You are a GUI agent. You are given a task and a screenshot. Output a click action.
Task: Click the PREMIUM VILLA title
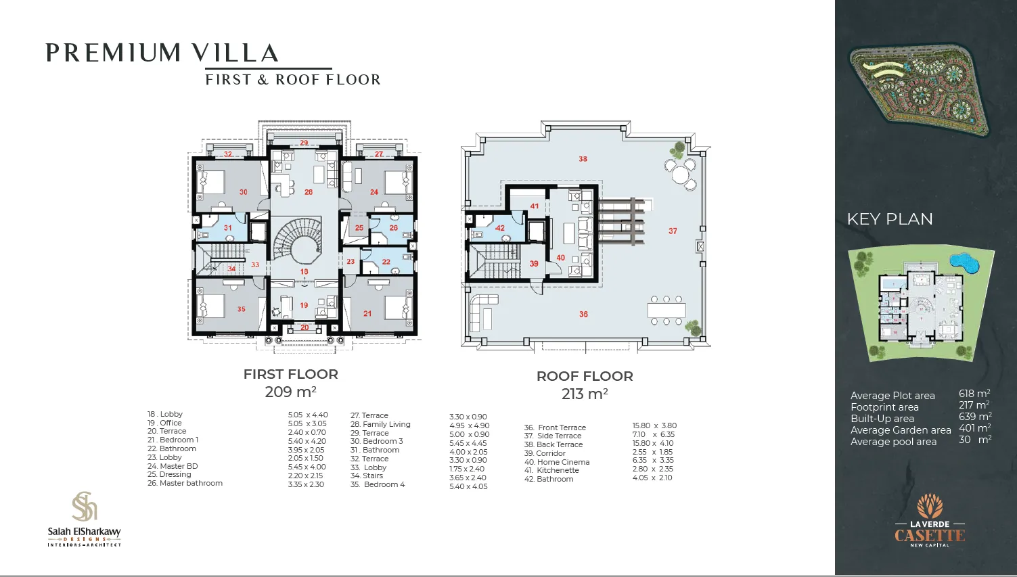point(162,53)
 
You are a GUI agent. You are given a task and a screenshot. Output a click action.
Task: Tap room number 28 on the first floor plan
point(309,192)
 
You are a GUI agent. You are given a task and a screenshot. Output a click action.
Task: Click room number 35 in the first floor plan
point(242,309)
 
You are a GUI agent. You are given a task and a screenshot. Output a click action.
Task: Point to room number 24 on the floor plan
point(374,192)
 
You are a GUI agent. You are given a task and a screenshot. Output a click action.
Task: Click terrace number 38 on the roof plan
point(583,159)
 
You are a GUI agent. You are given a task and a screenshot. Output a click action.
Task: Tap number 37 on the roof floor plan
point(673,231)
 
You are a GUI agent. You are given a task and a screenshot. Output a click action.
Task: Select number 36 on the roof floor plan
point(583,314)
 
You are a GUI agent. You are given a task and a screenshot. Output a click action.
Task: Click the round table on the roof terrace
point(680,175)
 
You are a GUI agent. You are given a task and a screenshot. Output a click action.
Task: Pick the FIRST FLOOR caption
point(291,374)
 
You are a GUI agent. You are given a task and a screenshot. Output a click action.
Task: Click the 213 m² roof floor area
point(585,394)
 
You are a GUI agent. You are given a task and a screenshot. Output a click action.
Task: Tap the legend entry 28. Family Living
point(380,424)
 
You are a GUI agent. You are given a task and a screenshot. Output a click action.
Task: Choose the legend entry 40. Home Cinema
point(557,462)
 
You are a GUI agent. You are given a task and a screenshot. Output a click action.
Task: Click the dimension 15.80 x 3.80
point(654,425)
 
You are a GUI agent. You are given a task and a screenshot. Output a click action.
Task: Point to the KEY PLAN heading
point(890,219)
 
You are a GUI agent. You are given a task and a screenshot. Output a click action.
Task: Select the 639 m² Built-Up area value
point(975,417)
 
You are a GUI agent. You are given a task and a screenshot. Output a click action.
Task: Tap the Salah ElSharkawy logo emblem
point(85,507)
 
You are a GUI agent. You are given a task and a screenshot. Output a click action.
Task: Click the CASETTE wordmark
point(930,536)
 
